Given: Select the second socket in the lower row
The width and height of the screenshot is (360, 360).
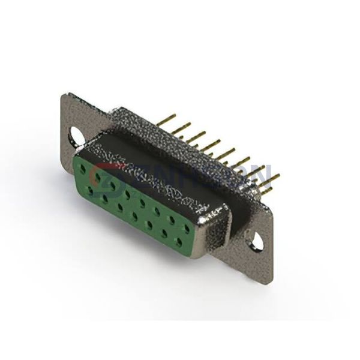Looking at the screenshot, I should coord(105,199).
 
